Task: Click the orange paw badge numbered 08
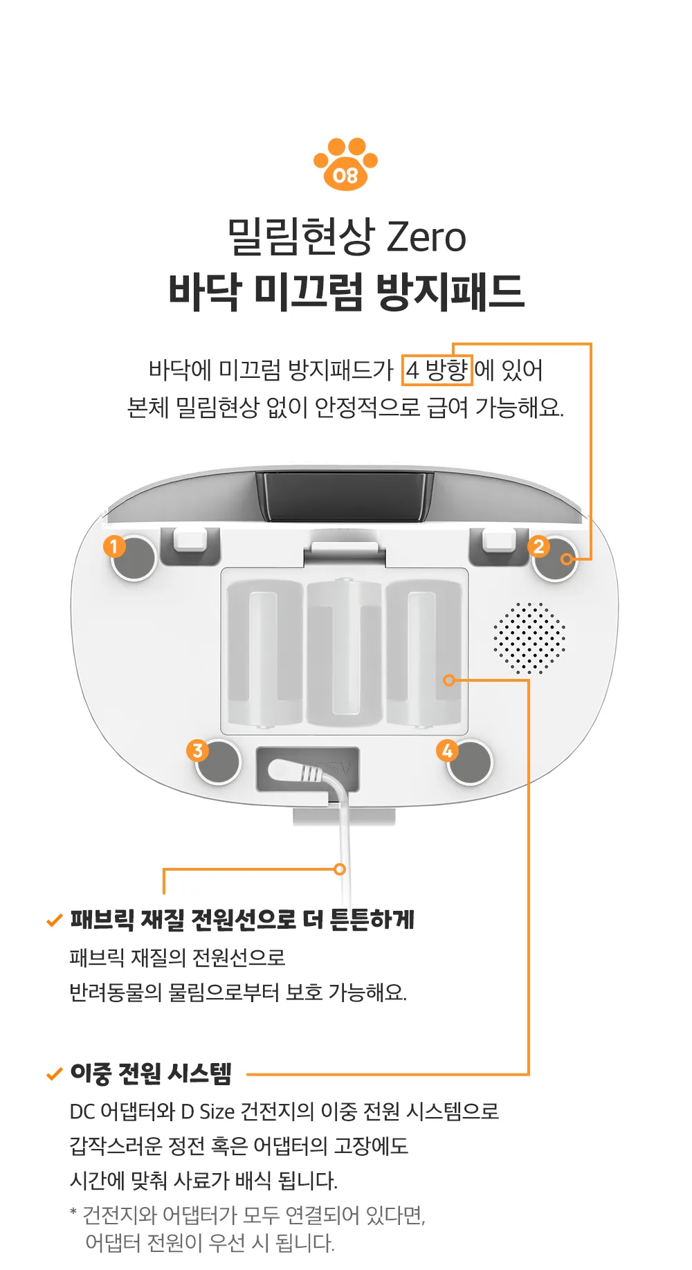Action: [x=345, y=164]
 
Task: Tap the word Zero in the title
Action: [x=426, y=237]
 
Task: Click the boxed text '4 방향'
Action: [x=437, y=370]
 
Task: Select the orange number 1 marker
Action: [x=114, y=546]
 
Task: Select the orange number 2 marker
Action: [x=538, y=546]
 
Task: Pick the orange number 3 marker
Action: [x=198, y=750]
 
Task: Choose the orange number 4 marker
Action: [x=447, y=750]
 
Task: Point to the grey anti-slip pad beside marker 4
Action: [x=471, y=762]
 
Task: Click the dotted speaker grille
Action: [x=529, y=638]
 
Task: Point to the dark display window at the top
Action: [x=345, y=496]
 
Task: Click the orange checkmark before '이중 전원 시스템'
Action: [x=54, y=1074]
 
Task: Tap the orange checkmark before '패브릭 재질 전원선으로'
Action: [x=54, y=920]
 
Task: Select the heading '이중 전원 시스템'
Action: [x=151, y=1073]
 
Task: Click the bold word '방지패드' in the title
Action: [x=450, y=291]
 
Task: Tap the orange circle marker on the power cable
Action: [x=340, y=869]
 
